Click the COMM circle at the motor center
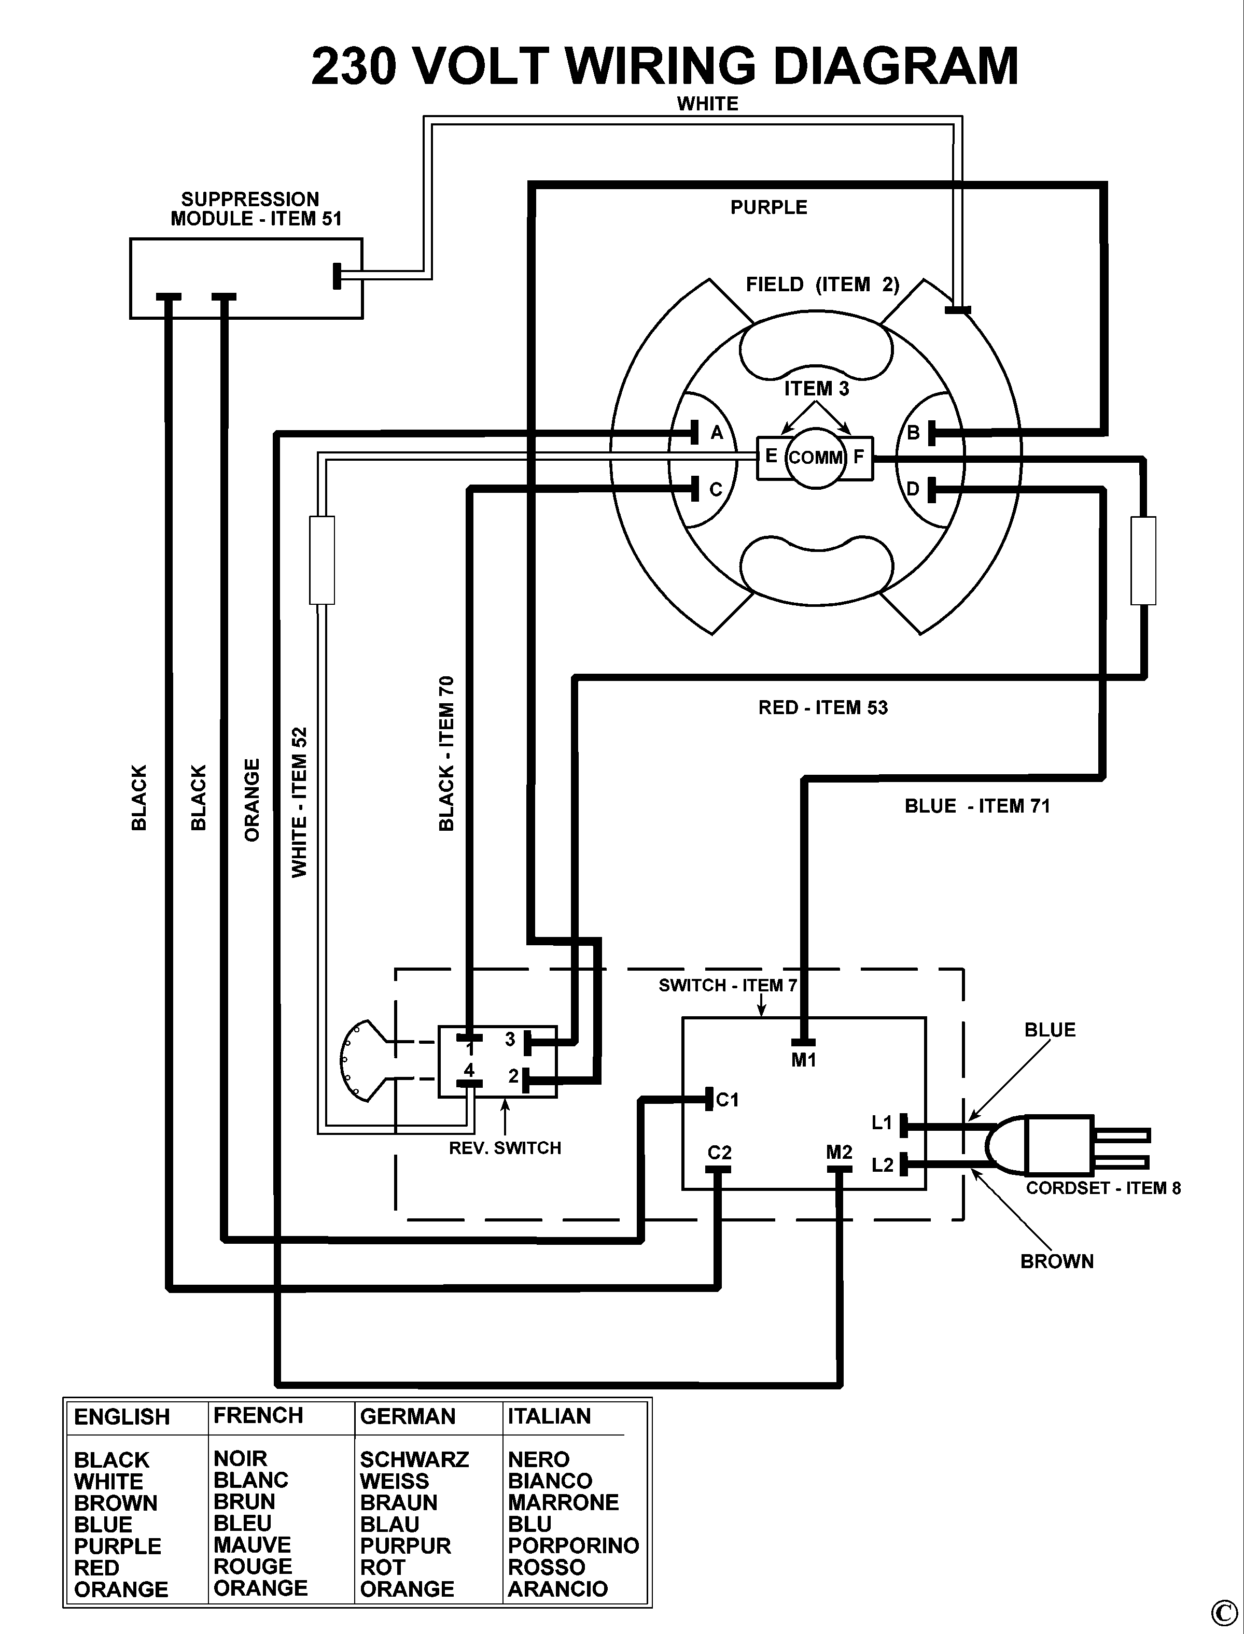pyautogui.click(x=815, y=457)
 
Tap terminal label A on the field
pyautogui.click(x=716, y=433)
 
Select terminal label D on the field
pyautogui.click(x=912, y=489)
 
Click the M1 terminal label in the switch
pyautogui.click(x=803, y=1060)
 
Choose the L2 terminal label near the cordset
pyautogui.click(x=883, y=1166)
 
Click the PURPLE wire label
pyautogui.click(x=768, y=207)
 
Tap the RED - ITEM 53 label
pyautogui.click(x=822, y=707)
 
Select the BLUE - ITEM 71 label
pyautogui.click(x=977, y=806)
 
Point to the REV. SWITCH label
pyautogui.click(x=505, y=1148)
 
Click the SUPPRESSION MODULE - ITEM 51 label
pyautogui.click(x=256, y=209)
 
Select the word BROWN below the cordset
pyautogui.click(x=1057, y=1261)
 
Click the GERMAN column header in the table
pyautogui.click(x=407, y=1416)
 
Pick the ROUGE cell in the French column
pyautogui.click(x=253, y=1566)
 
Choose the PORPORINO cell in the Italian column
pyautogui.click(x=573, y=1545)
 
